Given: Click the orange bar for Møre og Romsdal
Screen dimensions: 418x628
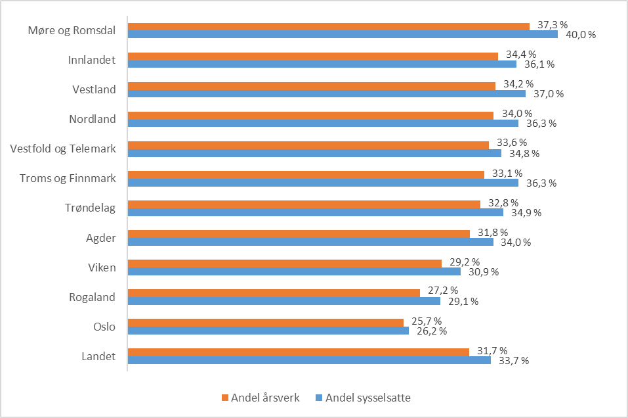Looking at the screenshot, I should (328, 26).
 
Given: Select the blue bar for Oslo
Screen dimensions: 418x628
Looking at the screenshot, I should (268, 331).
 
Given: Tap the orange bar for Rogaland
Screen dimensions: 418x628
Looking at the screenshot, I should (273, 293).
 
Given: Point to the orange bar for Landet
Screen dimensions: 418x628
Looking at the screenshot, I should (298, 352).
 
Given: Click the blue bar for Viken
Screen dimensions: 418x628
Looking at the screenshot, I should (293, 271).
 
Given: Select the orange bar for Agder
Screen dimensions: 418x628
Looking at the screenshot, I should (299, 234).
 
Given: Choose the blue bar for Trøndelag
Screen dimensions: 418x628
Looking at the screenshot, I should (315, 212).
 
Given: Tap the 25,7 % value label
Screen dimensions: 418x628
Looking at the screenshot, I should (423, 322).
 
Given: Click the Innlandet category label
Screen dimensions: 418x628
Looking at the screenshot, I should (92, 60).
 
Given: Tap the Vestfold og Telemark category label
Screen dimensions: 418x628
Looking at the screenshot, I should (63, 149).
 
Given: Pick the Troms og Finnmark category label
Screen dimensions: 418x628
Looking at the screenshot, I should (68, 178).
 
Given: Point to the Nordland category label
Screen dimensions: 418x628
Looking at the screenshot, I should (93, 119).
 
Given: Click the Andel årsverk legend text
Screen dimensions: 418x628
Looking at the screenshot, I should (264, 397).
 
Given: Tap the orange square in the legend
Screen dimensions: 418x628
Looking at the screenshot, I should (225, 398).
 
